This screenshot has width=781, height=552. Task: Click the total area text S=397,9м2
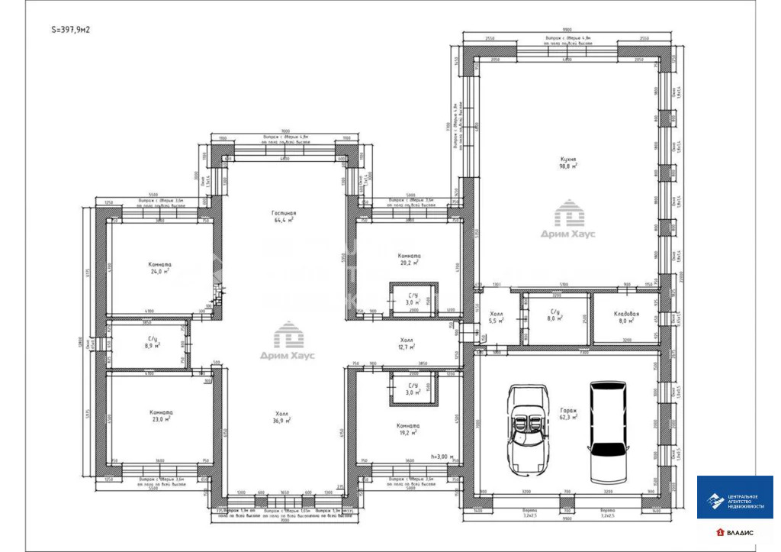coord(70,31)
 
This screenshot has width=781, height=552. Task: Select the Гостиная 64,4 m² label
coord(283,218)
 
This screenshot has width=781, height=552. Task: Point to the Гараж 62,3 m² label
coord(567,413)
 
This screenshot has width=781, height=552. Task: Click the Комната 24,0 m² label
coord(159,267)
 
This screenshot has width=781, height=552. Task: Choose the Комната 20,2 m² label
coord(410,260)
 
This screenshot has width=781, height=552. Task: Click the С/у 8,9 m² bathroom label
coord(153,342)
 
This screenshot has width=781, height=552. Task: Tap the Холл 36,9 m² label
coord(282,417)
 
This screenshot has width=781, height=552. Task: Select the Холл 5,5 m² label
coord(497,318)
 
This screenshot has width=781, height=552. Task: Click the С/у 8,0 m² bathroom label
coord(555,316)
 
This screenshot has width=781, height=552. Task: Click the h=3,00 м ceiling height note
coord(442,457)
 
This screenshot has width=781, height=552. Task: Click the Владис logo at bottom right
coord(735,531)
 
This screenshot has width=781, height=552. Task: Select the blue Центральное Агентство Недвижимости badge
coord(735,498)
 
